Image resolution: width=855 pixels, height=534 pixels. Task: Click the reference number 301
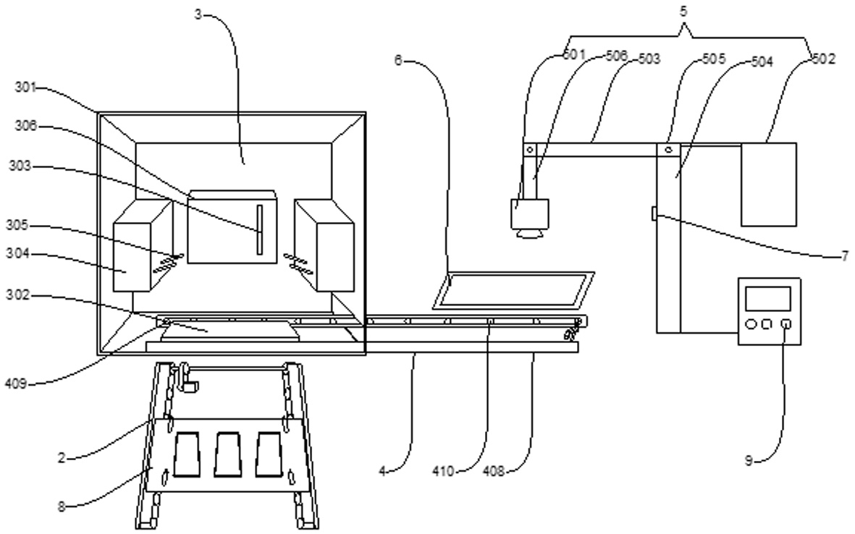click(x=25, y=87)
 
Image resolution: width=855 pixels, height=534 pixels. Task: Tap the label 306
click(x=25, y=127)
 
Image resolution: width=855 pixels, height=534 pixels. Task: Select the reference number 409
click(x=16, y=384)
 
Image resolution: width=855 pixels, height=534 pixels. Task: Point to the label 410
click(x=443, y=471)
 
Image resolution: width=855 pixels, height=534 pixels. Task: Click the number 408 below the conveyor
click(x=494, y=471)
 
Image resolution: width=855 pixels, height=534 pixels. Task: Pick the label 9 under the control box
click(x=749, y=460)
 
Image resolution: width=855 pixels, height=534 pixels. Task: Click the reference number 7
click(x=845, y=255)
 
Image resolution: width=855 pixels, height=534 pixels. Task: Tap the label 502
click(x=824, y=59)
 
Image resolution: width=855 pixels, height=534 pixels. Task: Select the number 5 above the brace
click(x=683, y=12)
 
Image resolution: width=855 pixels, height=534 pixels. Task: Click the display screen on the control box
click(x=767, y=299)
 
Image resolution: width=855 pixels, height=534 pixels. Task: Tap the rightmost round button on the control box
click(x=785, y=324)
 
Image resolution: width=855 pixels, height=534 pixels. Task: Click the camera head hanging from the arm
click(x=529, y=218)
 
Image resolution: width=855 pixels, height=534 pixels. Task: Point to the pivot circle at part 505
click(x=669, y=149)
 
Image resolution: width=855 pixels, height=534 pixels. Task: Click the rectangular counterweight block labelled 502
click(x=768, y=185)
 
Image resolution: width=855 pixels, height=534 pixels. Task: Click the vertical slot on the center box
click(x=260, y=229)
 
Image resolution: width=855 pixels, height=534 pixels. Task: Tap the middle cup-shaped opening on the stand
click(x=227, y=454)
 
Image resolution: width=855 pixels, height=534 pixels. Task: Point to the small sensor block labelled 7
click(x=654, y=213)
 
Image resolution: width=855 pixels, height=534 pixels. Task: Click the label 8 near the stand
click(x=62, y=507)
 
